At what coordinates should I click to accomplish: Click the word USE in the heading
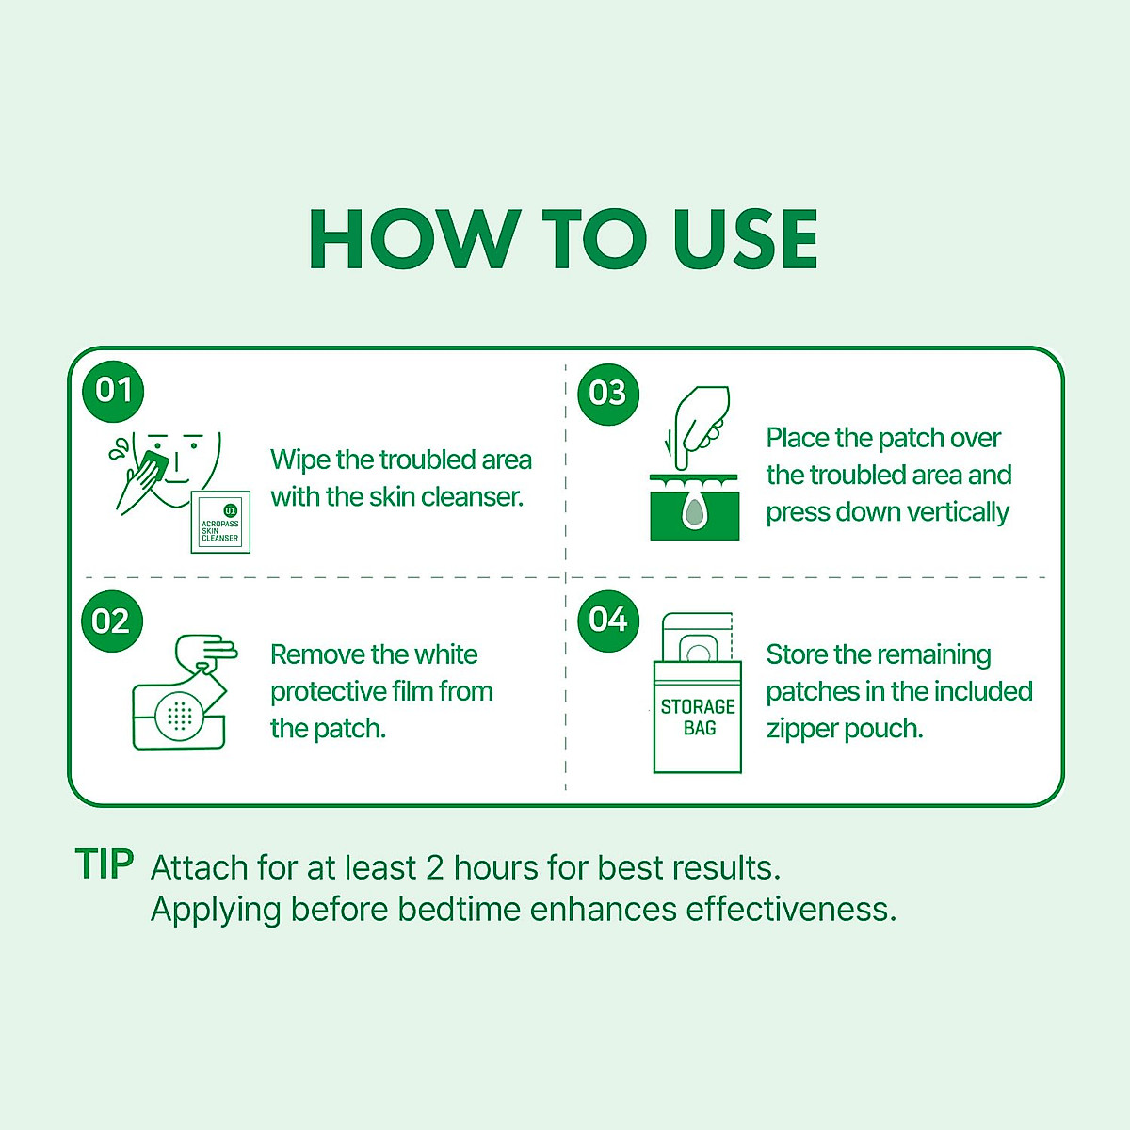pyautogui.click(x=745, y=238)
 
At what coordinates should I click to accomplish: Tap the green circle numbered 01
pyautogui.click(x=113, y=391)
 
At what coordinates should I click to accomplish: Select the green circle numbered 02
pyautogui.click(x=111, y=621)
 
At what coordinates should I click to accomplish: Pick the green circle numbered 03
pyautogui.click(x=608, y=394)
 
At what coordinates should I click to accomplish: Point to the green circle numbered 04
pyautogui.click(x=608, y=621)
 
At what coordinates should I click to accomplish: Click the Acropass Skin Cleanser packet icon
pyautogui.click(x=220, y=522)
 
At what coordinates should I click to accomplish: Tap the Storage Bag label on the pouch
pyautogui.click(x=698, y=718)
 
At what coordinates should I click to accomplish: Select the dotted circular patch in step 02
pyautogui.click(x=180, y=716)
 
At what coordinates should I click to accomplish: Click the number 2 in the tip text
pyautogui.click(x=434, y=868)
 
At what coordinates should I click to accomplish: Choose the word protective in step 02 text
pyautogui.click(x=327, y=692)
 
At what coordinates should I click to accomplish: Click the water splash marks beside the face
pyautogui.click(x=120, y=449)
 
